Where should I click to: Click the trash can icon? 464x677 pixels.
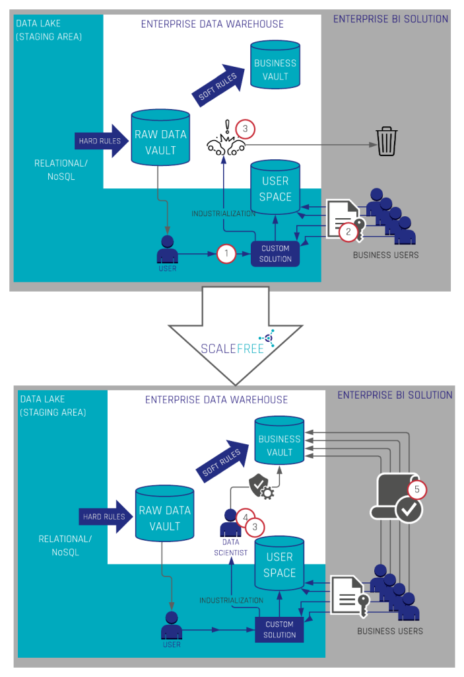click(x=387, y=142)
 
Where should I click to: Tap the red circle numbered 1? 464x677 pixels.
click(x=226, y=253)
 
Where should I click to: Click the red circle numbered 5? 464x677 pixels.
click(x=417, y=490)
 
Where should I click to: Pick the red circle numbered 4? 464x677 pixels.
click(x=246, y=517)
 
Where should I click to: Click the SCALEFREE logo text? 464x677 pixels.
click(x=232, y=348)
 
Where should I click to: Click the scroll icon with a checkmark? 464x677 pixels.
click(x=398, y=499)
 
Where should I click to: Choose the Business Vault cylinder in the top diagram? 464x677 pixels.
click(x=275, y=66)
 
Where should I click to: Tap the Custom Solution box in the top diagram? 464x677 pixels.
click(x=275, y=254)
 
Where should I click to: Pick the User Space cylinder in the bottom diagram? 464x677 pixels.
click(x=279, y=564)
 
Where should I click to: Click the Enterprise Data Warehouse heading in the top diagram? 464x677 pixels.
click(x=212, y=24)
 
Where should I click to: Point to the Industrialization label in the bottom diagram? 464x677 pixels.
click(x=231, y=600)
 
